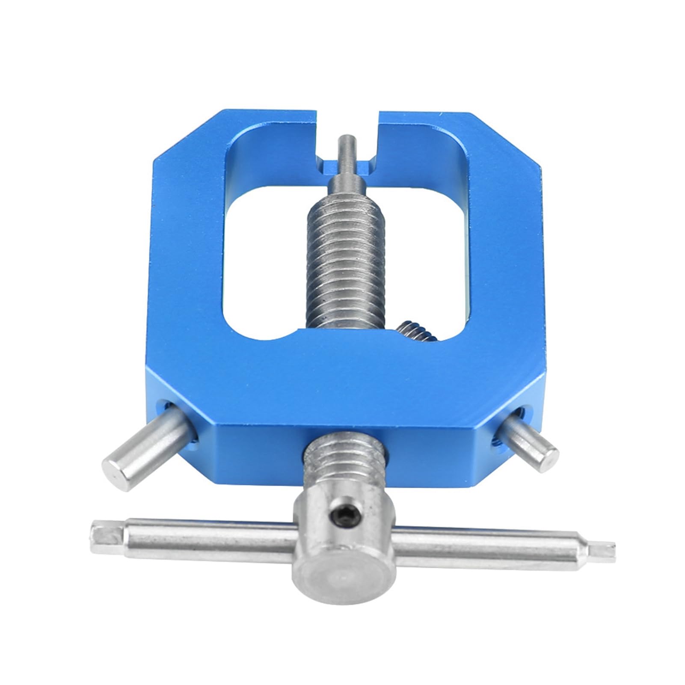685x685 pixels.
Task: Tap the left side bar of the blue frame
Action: pos(188,257)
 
